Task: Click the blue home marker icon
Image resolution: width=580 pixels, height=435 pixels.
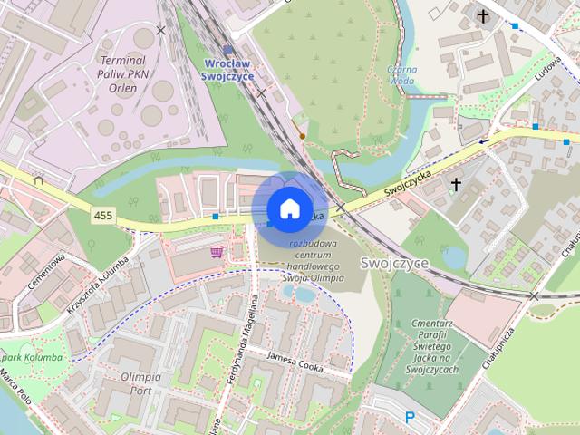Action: click(289, 208)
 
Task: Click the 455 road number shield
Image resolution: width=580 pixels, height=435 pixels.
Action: click(102, 213)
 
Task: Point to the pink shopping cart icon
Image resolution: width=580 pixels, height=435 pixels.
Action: click(217, 251)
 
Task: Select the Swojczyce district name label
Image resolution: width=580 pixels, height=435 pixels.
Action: click(393, 263)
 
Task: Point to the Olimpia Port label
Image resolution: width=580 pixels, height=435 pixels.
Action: click(128, 382)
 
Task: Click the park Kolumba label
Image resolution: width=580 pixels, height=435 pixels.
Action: click(32, 357)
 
